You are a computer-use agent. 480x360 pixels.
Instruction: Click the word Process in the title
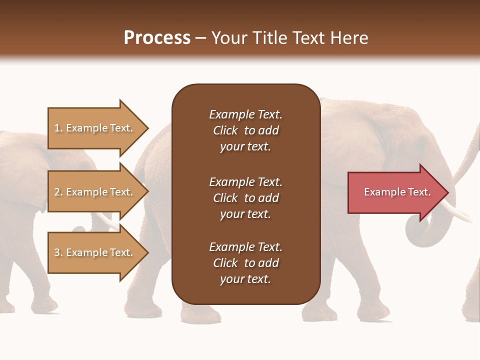157,38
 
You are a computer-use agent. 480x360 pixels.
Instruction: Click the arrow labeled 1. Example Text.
95,128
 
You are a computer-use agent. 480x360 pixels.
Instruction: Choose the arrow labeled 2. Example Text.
95,192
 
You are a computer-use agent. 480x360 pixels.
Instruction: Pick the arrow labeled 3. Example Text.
95,252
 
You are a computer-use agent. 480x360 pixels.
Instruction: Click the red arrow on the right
395,192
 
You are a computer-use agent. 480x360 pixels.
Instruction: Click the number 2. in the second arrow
58,192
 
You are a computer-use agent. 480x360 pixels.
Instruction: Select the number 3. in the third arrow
58,252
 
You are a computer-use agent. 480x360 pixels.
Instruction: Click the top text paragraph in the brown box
245,130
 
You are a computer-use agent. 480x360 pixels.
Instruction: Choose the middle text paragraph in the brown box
245,197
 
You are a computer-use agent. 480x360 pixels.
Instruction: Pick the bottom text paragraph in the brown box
245,263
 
